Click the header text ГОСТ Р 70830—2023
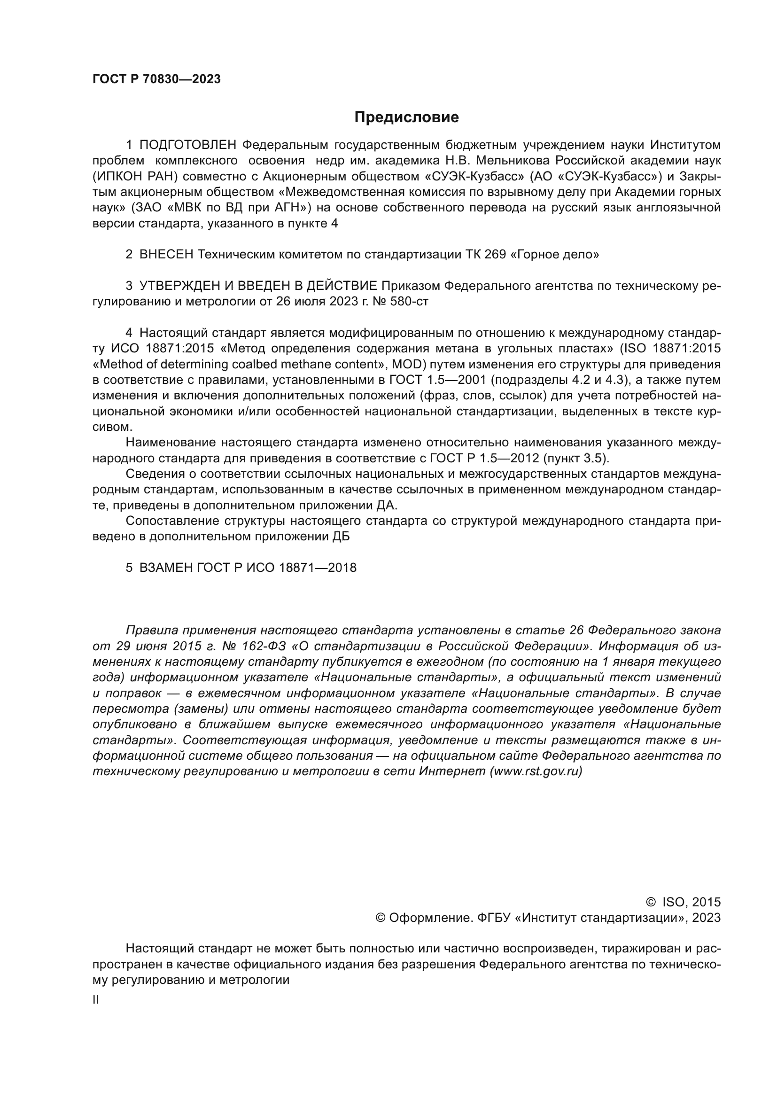pyautogui.click(x=156, y=79)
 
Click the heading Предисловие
pyautogui.click(x=406, y=117)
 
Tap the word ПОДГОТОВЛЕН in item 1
pyautogui.click(x=188, y=145)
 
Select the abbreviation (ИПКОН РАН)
pyautogui.click(x=135, y=177)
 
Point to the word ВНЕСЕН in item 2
pyautogui.click(x=166, y=255)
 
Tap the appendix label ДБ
pyautogui.click(x=341, y=536)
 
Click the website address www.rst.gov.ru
pyautogui.click(x=536, y=771)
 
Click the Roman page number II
pyautogui.click(x=96, y=1000)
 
